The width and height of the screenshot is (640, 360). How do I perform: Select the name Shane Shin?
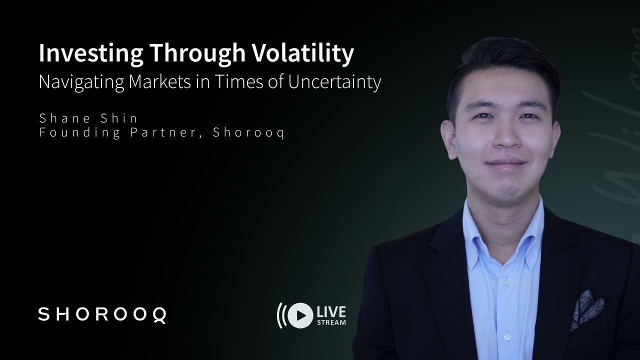88,118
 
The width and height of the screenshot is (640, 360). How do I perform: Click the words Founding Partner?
120,133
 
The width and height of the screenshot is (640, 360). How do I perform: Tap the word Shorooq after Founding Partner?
248,133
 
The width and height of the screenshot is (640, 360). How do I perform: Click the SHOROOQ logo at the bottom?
102,315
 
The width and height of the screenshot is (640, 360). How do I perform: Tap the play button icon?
300,315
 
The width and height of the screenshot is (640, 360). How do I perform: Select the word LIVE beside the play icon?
330,312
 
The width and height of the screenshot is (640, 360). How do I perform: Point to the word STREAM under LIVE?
331,322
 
